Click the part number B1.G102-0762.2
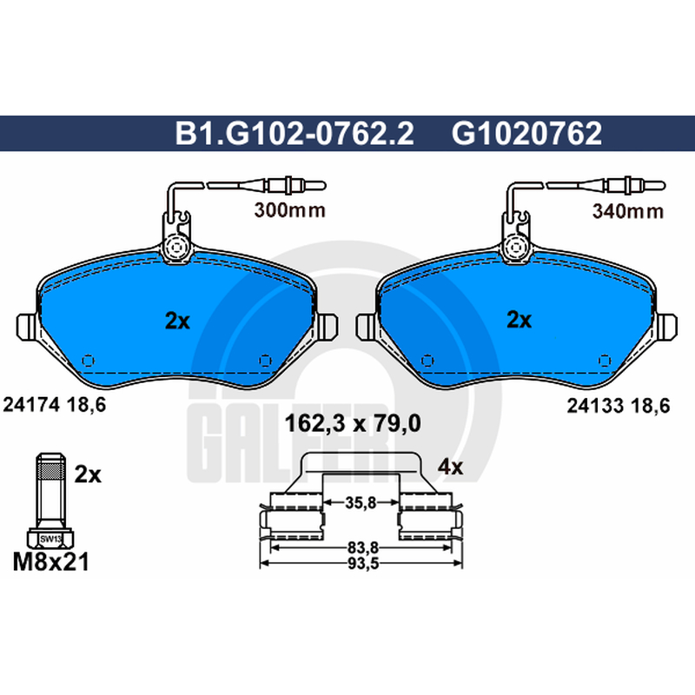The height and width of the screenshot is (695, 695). (295, 133)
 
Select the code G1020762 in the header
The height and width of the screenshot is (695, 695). (526, 133)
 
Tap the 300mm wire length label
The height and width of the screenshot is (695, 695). (290, 210)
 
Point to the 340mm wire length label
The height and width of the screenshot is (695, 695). (628, 211)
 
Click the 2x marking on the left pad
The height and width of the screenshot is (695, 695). (177, 321)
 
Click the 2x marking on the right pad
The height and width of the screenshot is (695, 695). (519, 319)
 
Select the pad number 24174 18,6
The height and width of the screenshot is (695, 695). (55, 404)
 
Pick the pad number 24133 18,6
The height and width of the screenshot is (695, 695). (619, 406)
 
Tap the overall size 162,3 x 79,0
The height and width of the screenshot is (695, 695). (353, 423)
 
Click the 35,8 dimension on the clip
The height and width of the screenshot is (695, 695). (361, 503)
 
